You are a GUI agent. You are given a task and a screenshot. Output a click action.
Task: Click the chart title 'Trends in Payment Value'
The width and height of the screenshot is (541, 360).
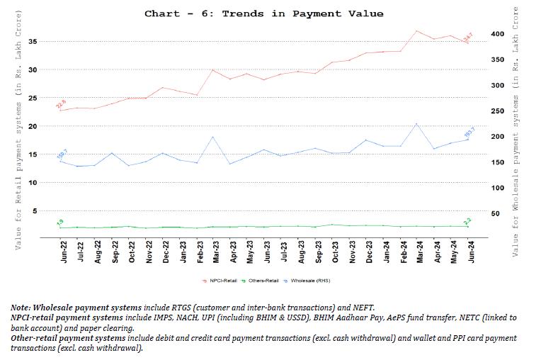coord(263,13)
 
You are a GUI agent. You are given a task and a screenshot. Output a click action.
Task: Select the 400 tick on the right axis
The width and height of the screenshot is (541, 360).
coord(499,34)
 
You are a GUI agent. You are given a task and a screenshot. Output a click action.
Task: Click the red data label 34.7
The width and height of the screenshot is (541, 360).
coord(467,37)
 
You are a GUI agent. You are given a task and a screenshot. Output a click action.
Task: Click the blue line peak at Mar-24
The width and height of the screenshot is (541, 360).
coord(416,124)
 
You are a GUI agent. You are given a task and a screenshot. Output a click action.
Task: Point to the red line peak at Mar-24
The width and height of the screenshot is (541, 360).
coord(416,30)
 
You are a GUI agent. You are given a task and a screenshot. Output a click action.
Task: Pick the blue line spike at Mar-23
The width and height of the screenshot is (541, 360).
coord(213,137)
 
